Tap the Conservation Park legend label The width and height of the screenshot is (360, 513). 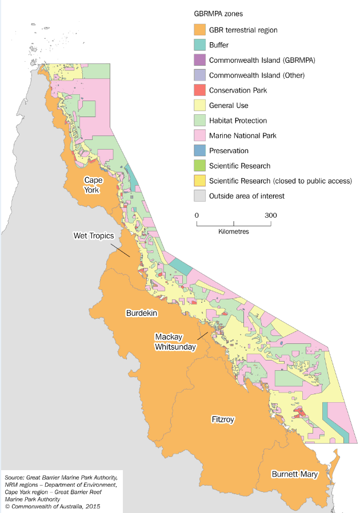(238, 90)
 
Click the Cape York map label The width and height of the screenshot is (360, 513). (94, 185)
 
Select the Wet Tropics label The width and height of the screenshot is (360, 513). (94, 235)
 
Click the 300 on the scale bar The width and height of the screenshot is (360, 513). (270, 215)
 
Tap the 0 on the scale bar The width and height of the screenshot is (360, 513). (197, 215)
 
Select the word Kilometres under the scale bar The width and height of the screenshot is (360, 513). (233, 232)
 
